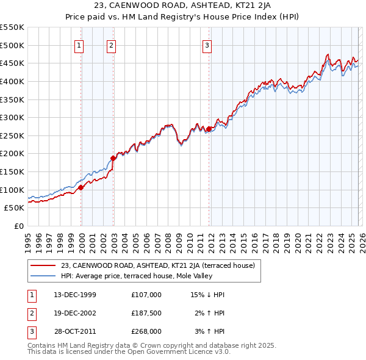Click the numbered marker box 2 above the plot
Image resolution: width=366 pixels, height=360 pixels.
tap(112, 45)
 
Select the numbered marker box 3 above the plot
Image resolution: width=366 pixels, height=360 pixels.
tap(207, 45)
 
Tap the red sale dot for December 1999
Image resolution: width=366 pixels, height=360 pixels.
tap(81, 187)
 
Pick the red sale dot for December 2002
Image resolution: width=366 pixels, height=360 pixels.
tap(113, 158)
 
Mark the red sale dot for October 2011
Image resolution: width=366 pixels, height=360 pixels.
tap(209, 129)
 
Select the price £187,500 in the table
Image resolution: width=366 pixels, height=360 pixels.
tap(146, 313)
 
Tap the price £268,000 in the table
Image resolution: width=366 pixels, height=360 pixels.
tap(146, 331)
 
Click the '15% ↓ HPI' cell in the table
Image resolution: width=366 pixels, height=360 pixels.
tap(207, 295)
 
